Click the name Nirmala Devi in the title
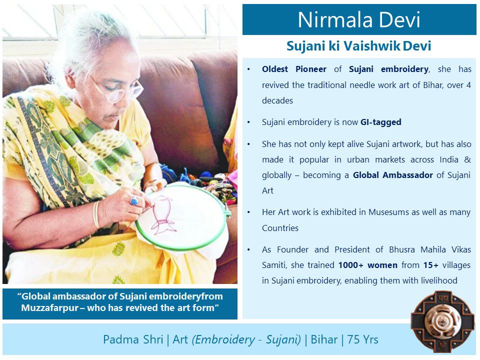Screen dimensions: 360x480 [359, 20]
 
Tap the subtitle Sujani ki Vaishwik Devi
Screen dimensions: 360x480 [359, 46]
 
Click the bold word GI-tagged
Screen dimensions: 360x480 [380, 122]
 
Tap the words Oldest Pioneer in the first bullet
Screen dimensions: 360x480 [294, 69]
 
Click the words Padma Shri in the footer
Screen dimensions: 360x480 [133, 339]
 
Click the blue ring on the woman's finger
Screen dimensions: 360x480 [133, 201]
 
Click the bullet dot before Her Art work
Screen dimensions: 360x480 [249, 212]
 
